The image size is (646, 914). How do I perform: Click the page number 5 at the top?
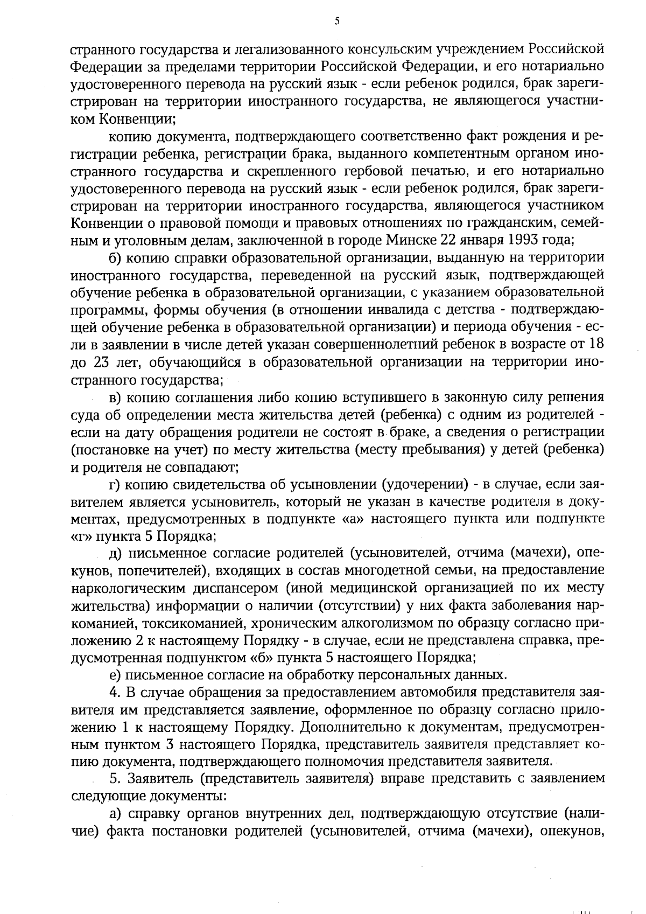[x=338, y=21]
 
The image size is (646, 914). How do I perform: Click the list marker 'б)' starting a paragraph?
[x=116, y=257]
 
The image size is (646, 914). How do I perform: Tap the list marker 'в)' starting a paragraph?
[x=116, y=397]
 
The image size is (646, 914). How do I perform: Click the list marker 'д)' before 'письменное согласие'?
[x=116, y=553]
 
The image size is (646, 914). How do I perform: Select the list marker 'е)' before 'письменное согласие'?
[x=115, y=675]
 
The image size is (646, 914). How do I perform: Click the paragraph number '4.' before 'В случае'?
[x=114, y=692]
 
